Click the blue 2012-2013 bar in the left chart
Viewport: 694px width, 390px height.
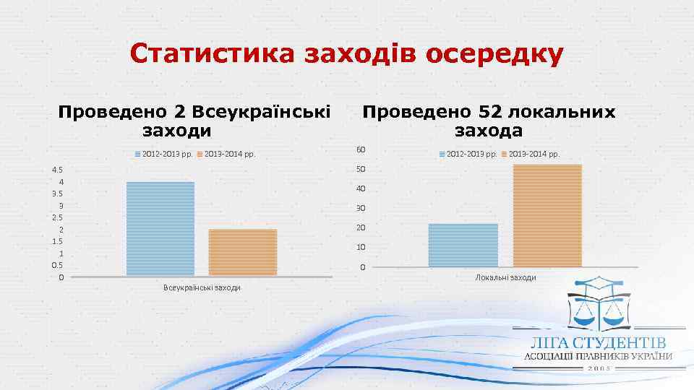(x=160, y=228)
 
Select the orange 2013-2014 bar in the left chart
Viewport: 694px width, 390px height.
(x=243, y=252)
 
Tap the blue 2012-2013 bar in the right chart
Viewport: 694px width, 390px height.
(x=463, y=245)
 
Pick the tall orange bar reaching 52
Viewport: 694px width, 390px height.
(x=547, y=215)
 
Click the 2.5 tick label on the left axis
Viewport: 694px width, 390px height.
(x=57, y=217)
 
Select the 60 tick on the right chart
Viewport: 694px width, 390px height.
(x=360, y=150)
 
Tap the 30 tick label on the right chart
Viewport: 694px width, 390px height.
(x=360, y=209)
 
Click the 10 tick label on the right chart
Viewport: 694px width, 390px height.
(x=360, y=248)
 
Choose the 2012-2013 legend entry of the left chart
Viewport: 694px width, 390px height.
(x=163, y=154)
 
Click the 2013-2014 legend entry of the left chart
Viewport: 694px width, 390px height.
(x=226, y=154)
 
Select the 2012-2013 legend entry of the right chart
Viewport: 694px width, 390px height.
(x=467, y=154)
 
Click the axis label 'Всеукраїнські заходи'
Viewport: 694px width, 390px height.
(x=202, y=288)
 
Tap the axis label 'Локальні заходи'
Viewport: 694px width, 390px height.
(x=505, y=278)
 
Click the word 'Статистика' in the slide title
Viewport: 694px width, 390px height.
(x=212, y=55)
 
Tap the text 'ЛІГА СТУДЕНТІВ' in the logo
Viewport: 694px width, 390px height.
(x=599, y=342)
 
